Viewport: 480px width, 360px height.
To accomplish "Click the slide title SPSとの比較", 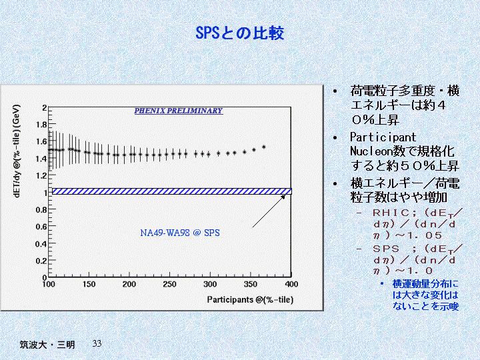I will (240, 33).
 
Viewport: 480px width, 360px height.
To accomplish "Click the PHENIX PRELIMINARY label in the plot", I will (178, 111).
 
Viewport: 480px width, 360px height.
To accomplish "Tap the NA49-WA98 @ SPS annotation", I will (180, 233).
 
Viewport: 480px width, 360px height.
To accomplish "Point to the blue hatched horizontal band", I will (171, 191).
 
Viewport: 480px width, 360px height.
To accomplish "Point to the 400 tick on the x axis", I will (291, 285).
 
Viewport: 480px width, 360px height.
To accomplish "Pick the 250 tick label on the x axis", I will (169, 285).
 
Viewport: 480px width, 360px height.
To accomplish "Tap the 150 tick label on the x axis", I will (89, 285).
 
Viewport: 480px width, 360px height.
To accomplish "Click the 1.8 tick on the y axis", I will (42, 125).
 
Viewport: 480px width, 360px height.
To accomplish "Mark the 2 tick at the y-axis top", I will (44, 107).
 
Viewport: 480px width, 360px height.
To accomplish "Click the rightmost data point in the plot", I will (264, 147).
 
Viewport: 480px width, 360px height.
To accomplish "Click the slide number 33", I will (97, 343).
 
